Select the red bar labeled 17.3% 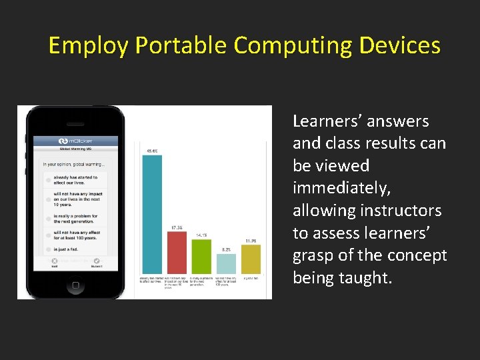[x=177, y=252]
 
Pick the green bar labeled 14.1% [x=201, y=256]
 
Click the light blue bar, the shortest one [x=226, y=263]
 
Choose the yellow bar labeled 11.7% [x=251, y=259]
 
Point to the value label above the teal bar [x=152, y=151]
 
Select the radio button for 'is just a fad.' [x=49, y=249]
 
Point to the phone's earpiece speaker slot [x=75, y=121]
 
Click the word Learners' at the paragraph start [x=325, y=121]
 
